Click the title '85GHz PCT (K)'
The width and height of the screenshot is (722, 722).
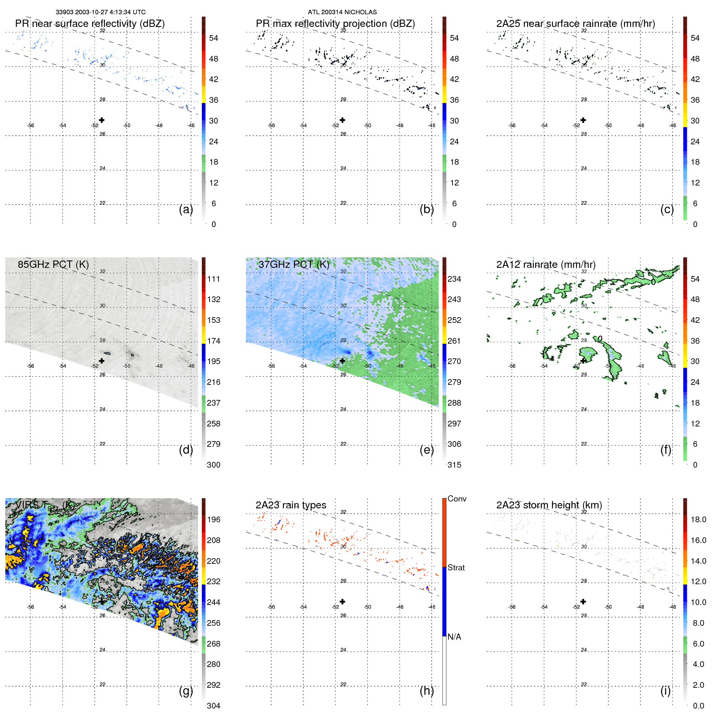[53, 265]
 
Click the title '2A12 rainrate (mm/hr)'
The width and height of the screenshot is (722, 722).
[545, 265]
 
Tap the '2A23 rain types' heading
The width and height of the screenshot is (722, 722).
[291, 505]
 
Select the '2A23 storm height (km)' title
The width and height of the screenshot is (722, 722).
[549, 505]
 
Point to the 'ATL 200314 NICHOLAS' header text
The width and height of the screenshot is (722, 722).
[342, 12]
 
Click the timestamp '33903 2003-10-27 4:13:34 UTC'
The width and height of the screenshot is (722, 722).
[100, 12]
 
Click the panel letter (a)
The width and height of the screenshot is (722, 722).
[186, 209]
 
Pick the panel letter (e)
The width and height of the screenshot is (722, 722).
[427, 450]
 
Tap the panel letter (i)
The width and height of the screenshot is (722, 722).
[665, 691]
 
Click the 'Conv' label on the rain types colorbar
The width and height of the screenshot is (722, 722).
[457, 499]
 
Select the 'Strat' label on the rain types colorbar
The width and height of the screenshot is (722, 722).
[456, 567]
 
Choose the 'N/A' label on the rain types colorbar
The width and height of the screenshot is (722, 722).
[454, 637]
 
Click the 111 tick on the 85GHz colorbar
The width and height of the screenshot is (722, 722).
[214, 279]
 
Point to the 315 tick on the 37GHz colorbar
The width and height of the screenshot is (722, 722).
[454, 465]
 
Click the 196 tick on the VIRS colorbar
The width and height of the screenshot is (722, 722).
[214, 519]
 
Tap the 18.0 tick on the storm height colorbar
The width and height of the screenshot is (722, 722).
[698, 519]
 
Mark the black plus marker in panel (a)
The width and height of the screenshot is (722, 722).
[102, 120]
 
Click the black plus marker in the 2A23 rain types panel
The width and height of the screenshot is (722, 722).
[342, 601]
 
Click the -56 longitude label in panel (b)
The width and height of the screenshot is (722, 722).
[271, 126]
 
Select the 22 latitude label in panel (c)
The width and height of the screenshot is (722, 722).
[584, 203]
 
